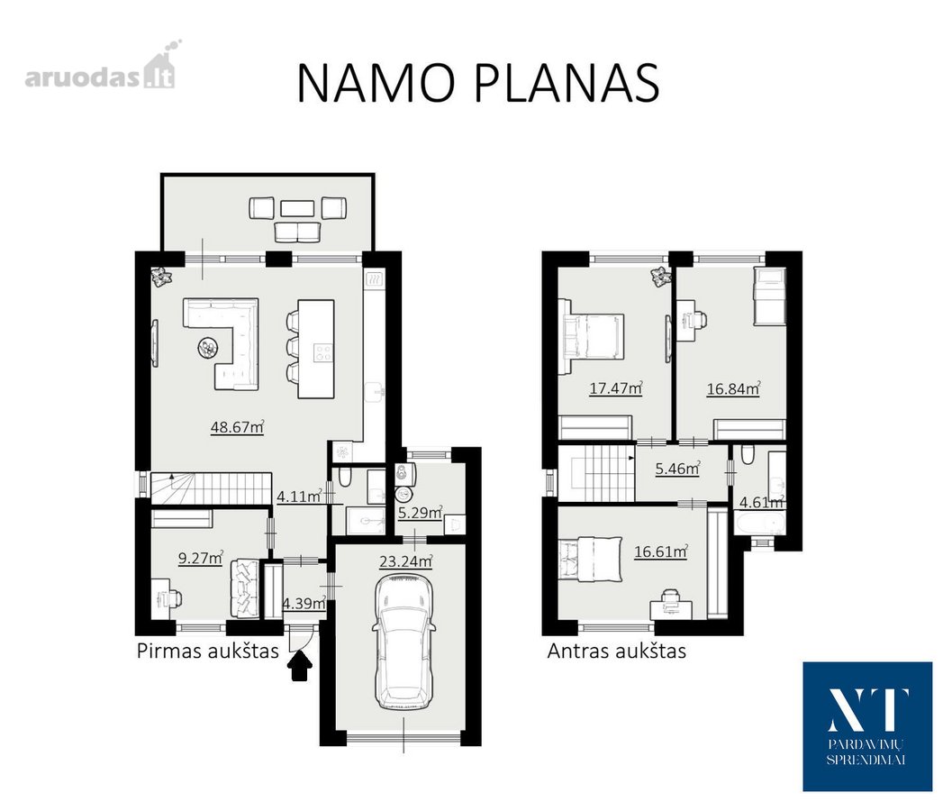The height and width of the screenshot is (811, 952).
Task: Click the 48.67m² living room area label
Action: (237, 427)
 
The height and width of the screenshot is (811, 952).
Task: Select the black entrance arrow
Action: (299, 666)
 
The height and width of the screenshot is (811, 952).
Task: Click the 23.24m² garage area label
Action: (405, 561)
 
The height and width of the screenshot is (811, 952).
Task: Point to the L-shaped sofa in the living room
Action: (222, 344)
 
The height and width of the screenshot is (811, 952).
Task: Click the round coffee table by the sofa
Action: (208, 348)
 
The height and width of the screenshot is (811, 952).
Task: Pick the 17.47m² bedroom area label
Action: (616, 387)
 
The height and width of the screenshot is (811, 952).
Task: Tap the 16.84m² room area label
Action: (733, 388)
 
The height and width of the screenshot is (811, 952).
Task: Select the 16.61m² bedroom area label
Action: (660, 551)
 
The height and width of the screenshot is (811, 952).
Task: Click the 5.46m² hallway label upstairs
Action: (677, 469)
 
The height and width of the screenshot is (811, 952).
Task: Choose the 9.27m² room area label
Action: (200, 558)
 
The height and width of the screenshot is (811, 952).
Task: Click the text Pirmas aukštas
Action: (208, 651)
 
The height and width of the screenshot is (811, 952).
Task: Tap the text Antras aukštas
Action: (617, 651)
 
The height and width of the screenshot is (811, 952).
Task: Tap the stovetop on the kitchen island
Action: (323, 353)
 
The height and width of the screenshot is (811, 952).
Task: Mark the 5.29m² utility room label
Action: (420, 514)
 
